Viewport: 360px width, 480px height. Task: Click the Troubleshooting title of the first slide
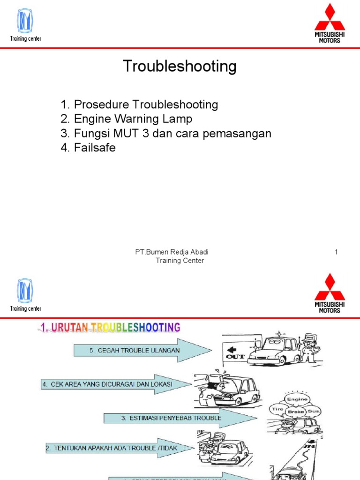[x=180, y=67]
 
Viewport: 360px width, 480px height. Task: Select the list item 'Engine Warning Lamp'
[x=133, y=119]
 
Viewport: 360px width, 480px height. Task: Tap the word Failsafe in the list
[x=95, y=148]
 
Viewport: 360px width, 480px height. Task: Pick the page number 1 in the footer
[x=336, y=253]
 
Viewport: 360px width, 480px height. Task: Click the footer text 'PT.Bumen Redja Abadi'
[x=172, y=253]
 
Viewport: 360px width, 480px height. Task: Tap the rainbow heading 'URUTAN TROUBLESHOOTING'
[x=110, y=327]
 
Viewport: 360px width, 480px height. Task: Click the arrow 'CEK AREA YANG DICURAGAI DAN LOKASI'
[x=115, y=384]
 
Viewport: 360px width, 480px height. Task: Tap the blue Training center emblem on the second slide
[x=25, y=291]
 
